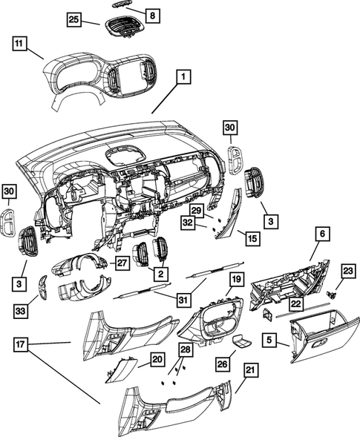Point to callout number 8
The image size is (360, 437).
tap(151, 15)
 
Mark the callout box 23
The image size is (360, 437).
tap(349, 272)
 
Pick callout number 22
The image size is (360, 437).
tap(295, 304)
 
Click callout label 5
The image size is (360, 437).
tap(272, 341)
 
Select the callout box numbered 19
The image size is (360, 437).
tap(236, 279)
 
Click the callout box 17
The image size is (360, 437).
tap(22, 344)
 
